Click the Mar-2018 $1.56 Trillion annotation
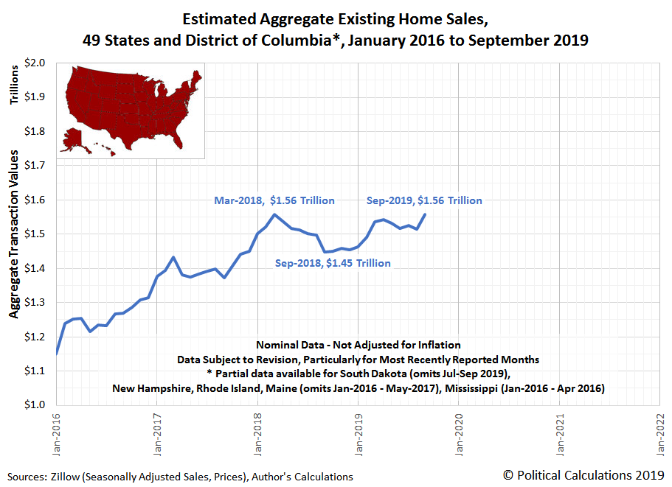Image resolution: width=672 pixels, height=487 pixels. pos(274,200)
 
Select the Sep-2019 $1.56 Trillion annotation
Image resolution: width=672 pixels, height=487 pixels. pos(424,200)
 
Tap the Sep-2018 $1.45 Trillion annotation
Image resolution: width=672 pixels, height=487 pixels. pos(333,263)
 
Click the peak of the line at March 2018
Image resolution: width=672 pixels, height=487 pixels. pos(274,214)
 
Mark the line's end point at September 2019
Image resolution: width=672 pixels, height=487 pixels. pos(425,214)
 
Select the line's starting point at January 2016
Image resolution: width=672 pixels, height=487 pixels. pos(57,354)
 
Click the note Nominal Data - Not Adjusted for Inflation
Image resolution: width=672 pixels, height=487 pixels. pos(358,345)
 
